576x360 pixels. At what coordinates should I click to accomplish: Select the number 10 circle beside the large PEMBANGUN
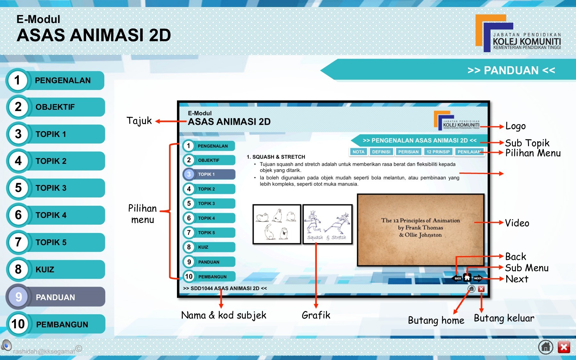[18, 324]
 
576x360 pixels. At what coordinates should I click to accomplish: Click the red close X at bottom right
[564, 347]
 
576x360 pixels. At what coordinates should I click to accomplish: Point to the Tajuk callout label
[139, 121]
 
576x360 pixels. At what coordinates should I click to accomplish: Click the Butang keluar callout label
[504, 318]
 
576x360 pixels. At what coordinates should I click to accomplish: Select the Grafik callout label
[316, 315]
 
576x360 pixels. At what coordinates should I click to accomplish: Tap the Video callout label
[517, 223]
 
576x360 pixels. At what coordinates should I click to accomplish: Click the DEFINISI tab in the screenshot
[381, 152]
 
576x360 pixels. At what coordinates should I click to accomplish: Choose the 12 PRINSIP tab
[438, 152]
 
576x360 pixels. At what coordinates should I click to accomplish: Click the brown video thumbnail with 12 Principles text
[420, 229]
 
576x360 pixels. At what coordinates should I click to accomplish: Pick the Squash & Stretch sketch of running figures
[327, 224]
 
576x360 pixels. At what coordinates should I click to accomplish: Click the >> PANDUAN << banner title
[511, 70]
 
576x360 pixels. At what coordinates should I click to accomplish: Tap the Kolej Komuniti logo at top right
[518, 34]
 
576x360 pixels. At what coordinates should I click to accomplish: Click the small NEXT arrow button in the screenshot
[478, 278]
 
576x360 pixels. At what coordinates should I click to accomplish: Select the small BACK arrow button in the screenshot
[457, 278]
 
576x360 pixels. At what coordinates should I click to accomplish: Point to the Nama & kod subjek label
[223, 315]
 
